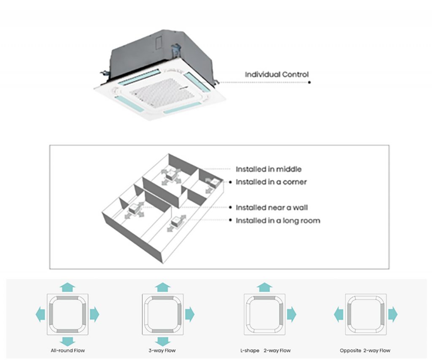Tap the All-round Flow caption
coord(67,351)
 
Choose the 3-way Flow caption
coord(162,351)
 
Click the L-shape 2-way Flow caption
coord(265,351)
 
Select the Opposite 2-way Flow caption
coord(365,351)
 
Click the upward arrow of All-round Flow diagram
coord(67,287)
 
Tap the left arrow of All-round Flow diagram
coord(40,314)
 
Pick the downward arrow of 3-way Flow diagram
coord(162,341)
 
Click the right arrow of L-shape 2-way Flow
coord(292,314)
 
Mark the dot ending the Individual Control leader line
coord(309,82)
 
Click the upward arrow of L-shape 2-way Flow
coord(265,287)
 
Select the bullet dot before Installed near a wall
coord(230,208)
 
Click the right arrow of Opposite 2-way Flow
coord(393,314)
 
